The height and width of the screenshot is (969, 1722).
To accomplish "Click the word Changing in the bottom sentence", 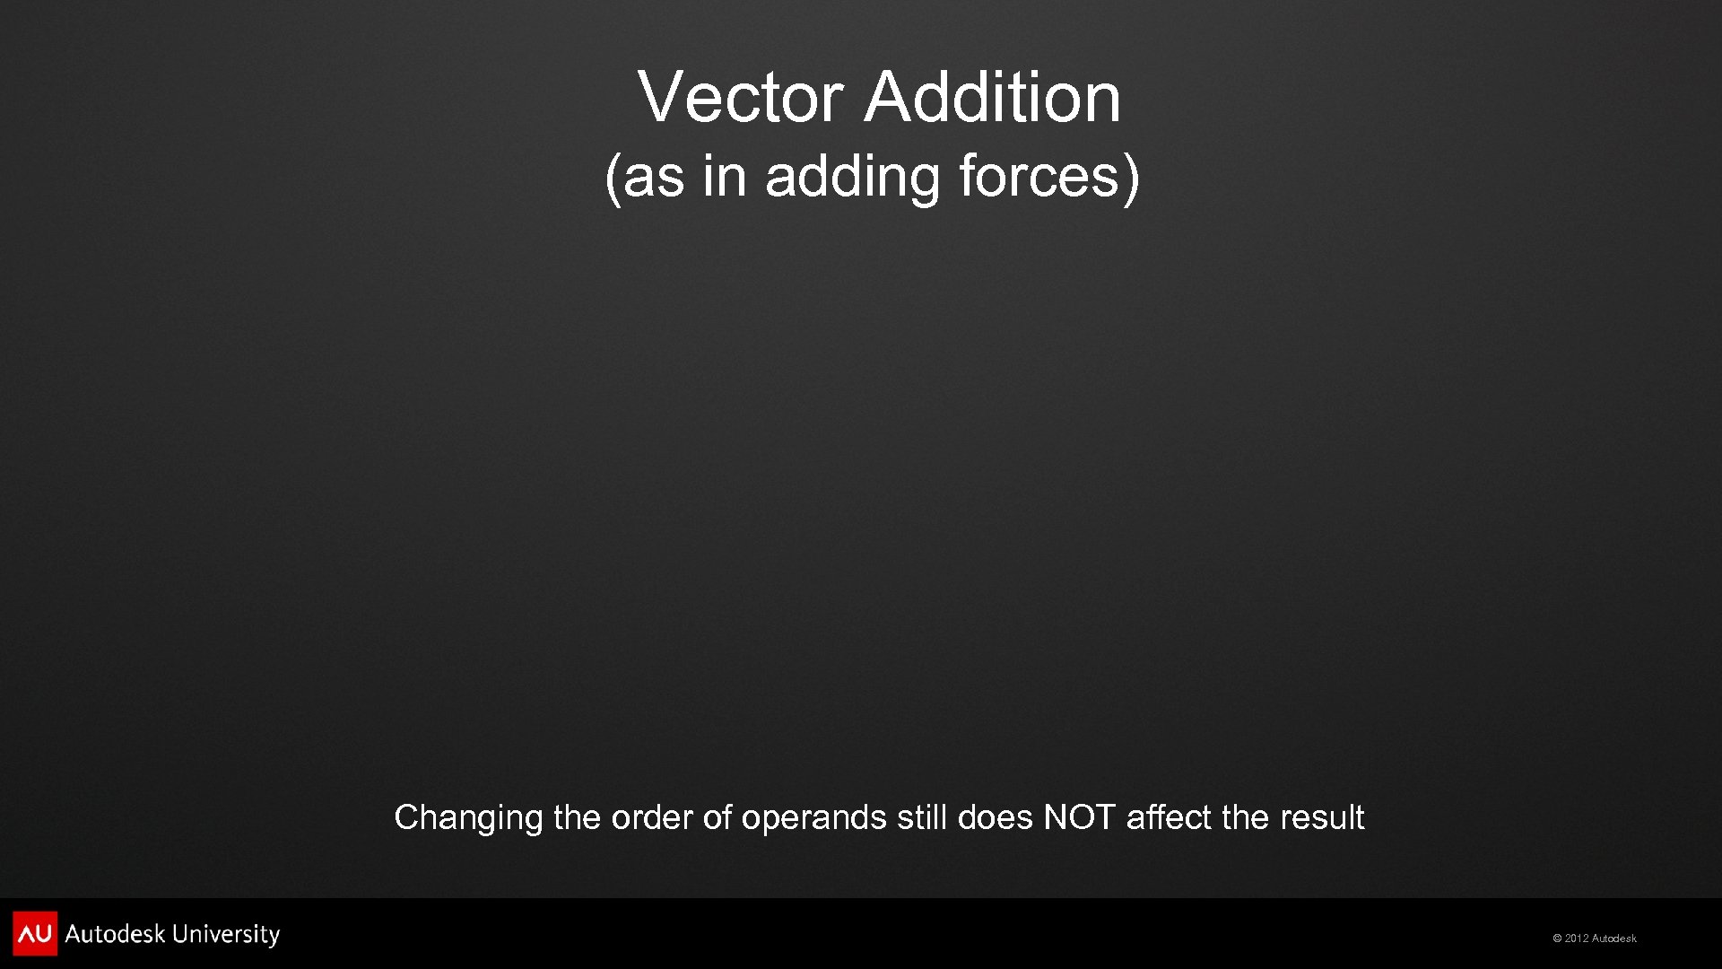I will click(468, 817).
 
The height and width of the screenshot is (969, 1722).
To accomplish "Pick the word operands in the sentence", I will click(813, 817).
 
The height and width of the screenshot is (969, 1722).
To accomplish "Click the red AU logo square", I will click(35, 934).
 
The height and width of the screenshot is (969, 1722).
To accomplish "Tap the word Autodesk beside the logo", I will click(115, 934).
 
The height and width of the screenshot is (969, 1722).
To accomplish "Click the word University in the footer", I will click(226, 934).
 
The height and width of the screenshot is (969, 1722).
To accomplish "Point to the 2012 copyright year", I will click(1577, 938).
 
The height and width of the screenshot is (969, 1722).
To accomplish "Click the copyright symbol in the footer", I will click(1558, 938).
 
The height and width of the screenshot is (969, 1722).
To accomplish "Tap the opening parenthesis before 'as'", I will click(613, 177).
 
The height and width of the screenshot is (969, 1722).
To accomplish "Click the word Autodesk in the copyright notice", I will click(1614, 938).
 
